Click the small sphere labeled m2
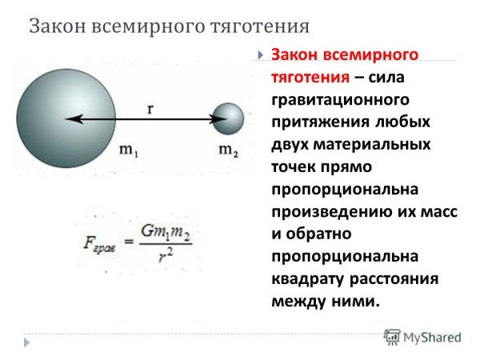click(228, 119)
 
